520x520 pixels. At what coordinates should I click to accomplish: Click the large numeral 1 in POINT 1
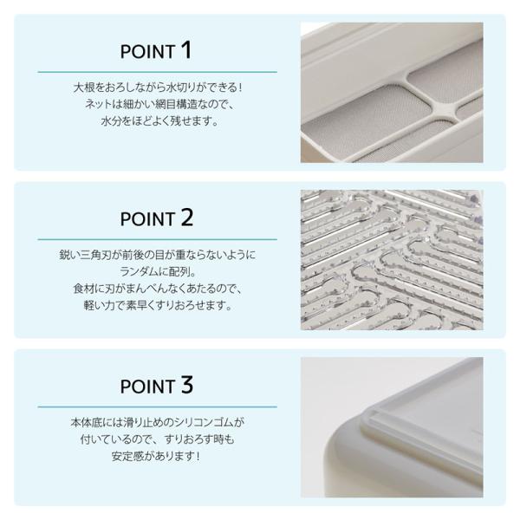tap(186, 50)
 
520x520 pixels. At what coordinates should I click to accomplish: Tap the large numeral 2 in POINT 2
tap(187, 218)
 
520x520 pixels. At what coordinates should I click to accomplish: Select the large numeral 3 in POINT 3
tap(187, 385)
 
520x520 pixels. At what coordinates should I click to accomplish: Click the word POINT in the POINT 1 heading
tap(147, 52)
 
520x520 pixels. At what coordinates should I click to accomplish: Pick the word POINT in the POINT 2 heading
tap(147, 219)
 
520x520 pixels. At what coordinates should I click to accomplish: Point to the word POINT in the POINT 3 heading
tap(147, 387)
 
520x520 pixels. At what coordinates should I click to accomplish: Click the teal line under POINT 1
tap(157, 72)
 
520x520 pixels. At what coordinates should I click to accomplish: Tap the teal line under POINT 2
tap(157, 239)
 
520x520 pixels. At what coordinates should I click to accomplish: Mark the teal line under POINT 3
tap(157, 406)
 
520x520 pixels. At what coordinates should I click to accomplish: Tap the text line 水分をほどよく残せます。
tap(159, 121)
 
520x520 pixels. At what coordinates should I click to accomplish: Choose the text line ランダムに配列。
tap(159, 271)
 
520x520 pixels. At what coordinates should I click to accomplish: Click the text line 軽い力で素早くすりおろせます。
tap(158, 305)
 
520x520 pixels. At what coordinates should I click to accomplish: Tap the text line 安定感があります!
tap(156, 457)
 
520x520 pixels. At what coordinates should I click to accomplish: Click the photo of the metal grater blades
tap(392, 260)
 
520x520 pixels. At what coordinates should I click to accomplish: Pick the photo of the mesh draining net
tap(392, 92)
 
